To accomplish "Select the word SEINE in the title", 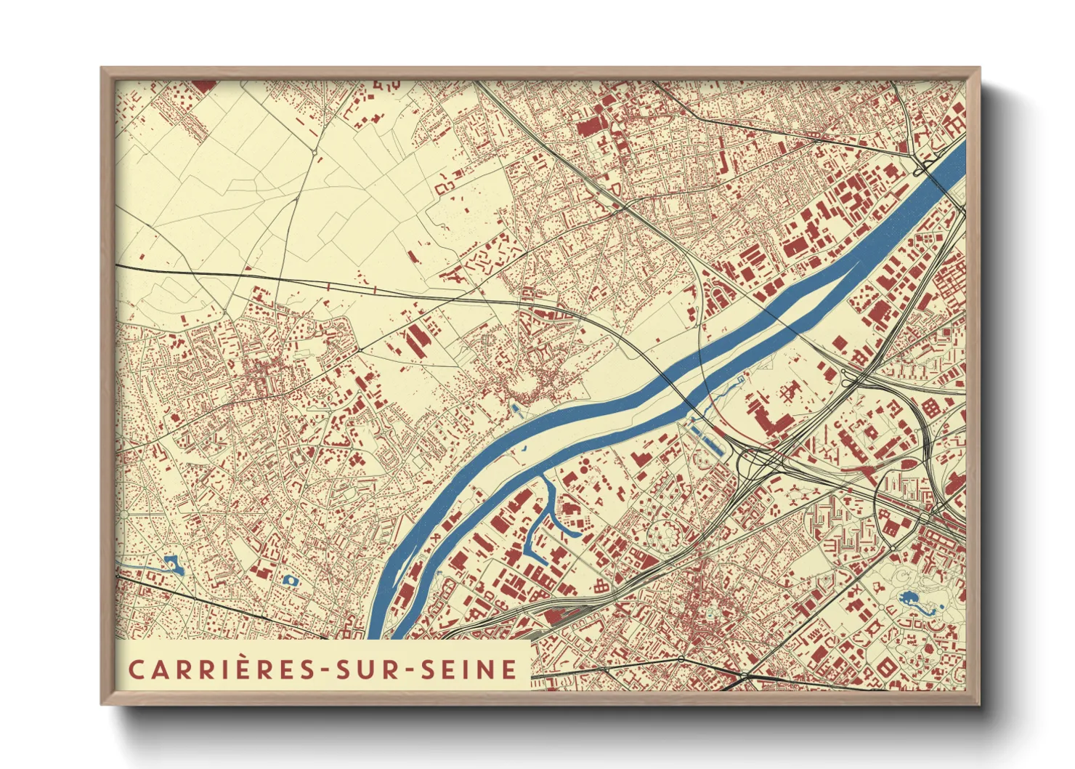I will (469, 669).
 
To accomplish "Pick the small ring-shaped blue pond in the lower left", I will (290, 580).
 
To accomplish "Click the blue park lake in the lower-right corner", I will (909, 600).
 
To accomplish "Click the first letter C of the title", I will (136, 669).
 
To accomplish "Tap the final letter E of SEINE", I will (511, 669).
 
